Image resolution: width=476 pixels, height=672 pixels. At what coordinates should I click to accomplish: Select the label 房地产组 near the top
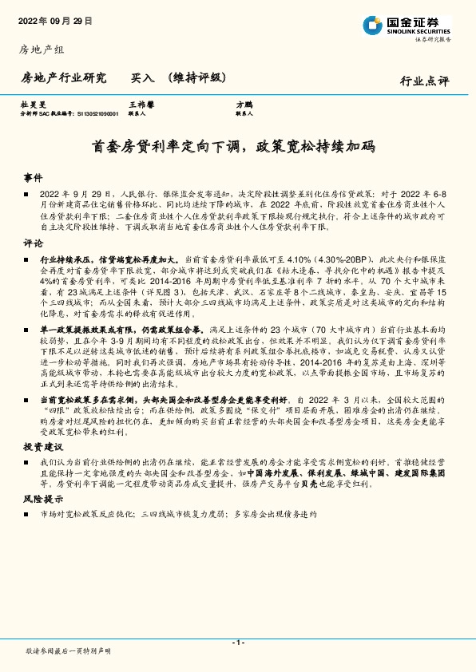click(42, 49)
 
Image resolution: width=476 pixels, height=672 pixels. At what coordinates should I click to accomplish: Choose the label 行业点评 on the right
click(424, 81)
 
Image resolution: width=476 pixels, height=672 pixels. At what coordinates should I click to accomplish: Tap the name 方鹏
click(244, 105)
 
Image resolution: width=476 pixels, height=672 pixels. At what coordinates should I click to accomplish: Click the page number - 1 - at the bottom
click(237, 642)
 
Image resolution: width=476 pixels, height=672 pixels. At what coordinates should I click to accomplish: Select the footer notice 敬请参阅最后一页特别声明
click(68, 651)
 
